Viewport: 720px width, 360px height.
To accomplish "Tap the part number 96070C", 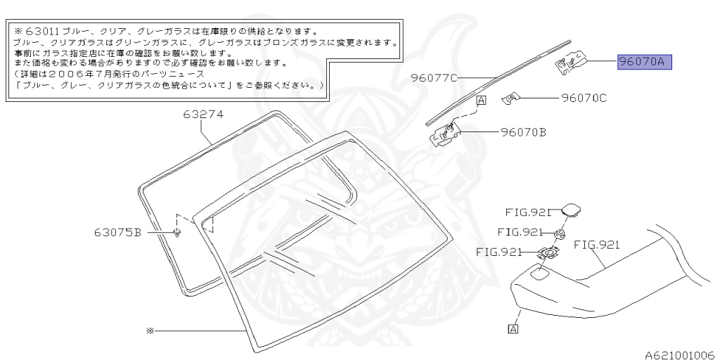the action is pyautogui.click(x=583, y=98).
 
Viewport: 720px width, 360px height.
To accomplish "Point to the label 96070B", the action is pyautogui.click(x=523, y=131).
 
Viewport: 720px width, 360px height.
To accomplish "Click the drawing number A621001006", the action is pyautogui.click(x=679, y=354).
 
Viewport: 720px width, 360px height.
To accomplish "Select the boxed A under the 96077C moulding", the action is pyautogui.click(x=481, y=101).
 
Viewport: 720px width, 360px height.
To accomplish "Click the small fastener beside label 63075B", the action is pyautogui.click(x=176, y=232).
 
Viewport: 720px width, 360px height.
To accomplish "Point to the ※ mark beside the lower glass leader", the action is pyautogui.click(x=149, y=330).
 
